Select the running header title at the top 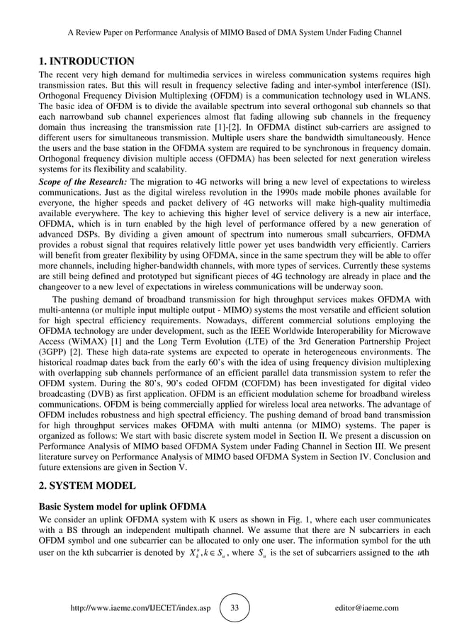pyautogui.click(x=235, y=33)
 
